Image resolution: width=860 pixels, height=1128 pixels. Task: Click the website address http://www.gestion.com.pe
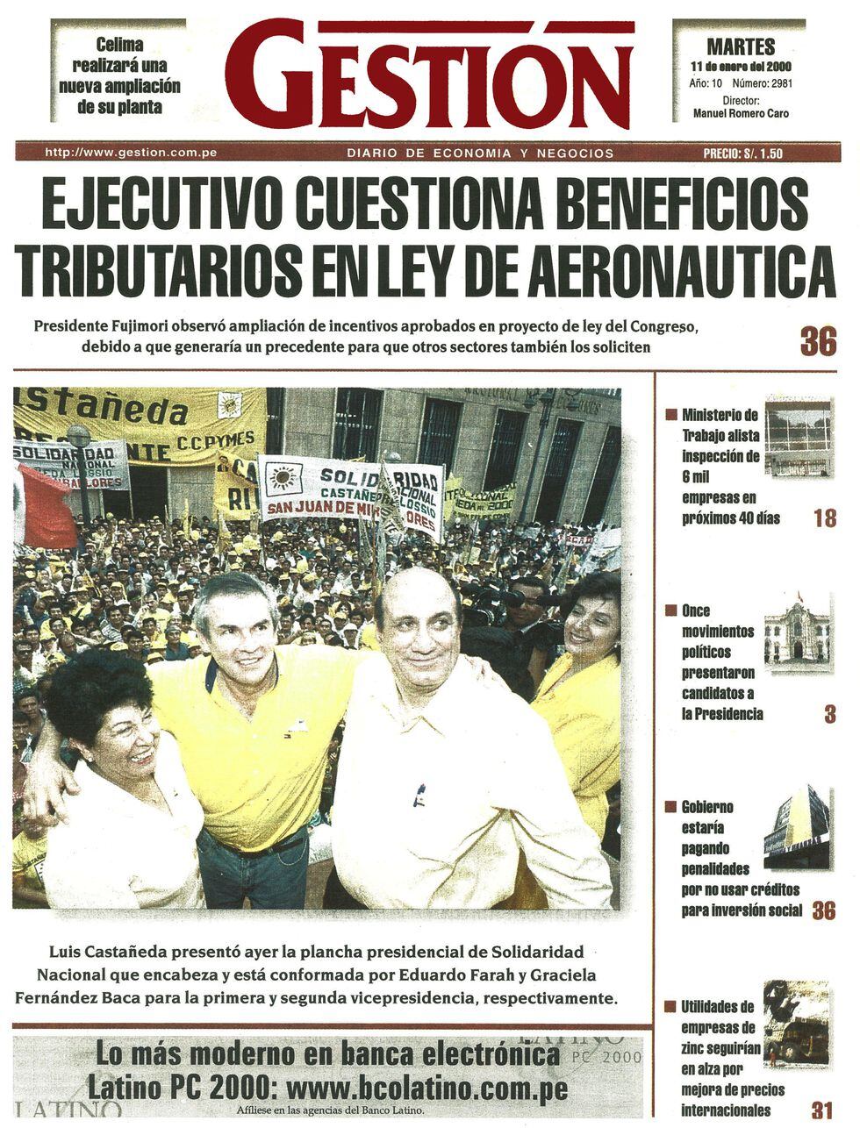[131, 153]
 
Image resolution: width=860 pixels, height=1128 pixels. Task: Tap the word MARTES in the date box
[741, 46]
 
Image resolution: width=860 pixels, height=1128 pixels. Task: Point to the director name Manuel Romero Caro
[741, 113]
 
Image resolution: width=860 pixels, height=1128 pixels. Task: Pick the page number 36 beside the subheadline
[818, 341]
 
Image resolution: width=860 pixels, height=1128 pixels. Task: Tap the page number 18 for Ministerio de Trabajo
[825, 518]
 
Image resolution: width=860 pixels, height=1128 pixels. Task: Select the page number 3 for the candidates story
[829, 714]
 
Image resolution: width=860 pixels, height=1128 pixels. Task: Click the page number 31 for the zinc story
[822, 1110]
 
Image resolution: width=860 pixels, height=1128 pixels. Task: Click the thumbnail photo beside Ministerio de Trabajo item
[797, 437]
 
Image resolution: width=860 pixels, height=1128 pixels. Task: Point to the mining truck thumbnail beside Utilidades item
[796, 1024]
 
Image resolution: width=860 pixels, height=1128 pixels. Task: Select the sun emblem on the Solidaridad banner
[282, 479]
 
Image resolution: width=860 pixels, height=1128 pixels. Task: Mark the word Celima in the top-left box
[119, 44]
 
